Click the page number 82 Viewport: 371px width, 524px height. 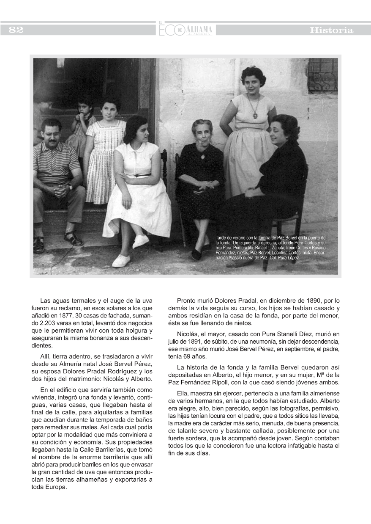pos(16,30)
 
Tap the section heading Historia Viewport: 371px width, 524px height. pos(331,30)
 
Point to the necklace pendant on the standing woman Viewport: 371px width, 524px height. pos(255,115)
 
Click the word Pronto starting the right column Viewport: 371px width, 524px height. pos(187,301)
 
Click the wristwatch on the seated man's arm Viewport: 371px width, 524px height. pos(70,186)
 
